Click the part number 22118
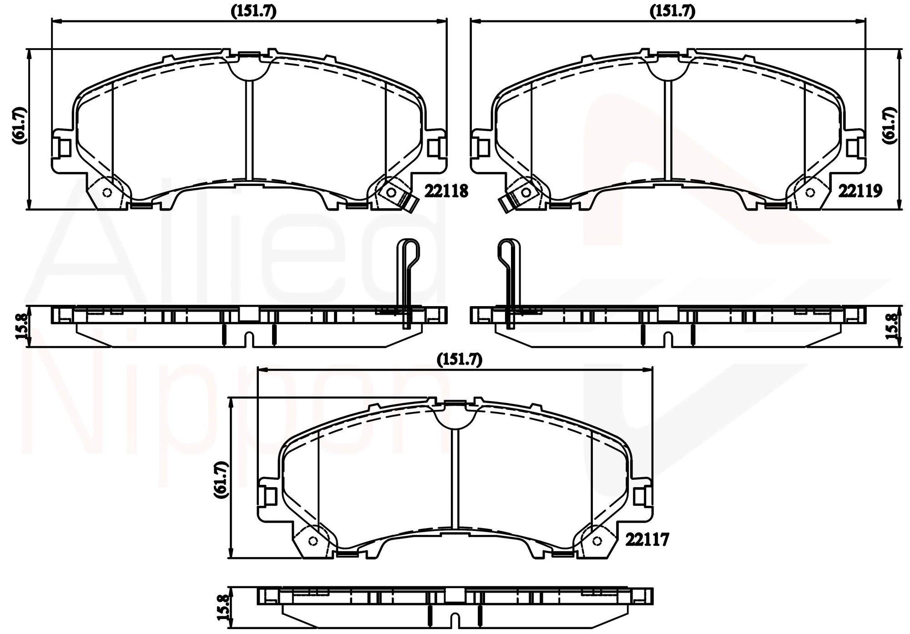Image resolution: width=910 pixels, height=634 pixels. point(446,191)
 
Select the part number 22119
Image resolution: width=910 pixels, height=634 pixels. point(860,191)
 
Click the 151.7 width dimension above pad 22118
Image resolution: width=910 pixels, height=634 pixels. point(254,11)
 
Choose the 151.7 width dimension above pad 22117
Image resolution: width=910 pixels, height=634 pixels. point(459,359)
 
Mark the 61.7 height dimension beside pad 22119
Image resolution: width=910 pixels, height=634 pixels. point(890,126)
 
